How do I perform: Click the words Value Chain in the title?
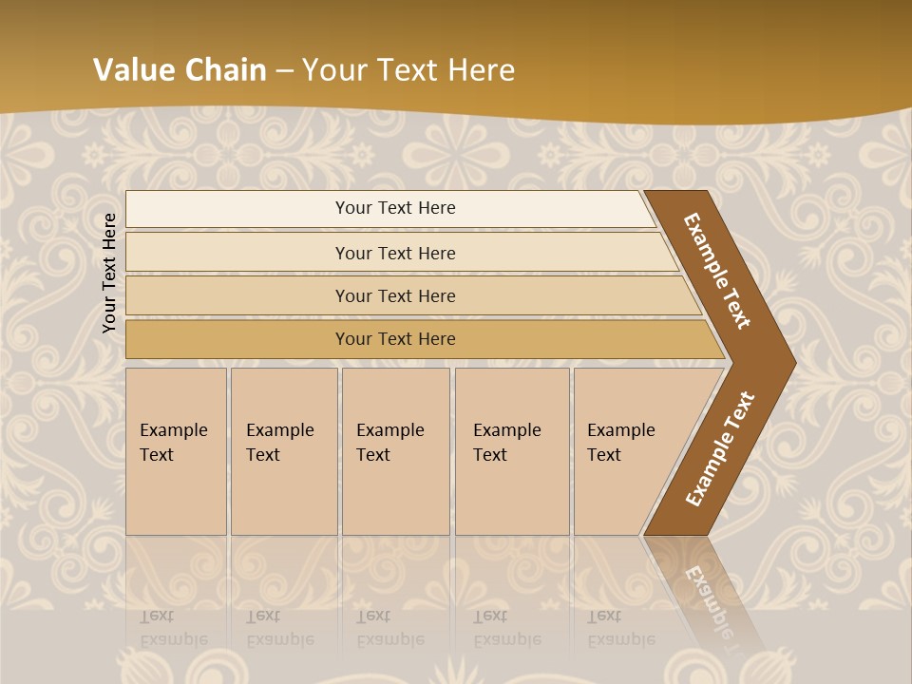pyautogui.click(x=180, y=70)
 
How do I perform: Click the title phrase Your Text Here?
pyautogui.click(x=408, y=70)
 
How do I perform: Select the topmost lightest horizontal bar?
pyautogui.click(x=389, y=209)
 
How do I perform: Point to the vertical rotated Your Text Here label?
pyautogui.click(x=109, y=273)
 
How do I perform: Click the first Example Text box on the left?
pyautogui.click(x=176, y=451)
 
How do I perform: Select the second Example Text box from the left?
pyautogui.click(x=283, y=451)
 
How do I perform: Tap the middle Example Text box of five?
pyautogui.click(x=395, y=451)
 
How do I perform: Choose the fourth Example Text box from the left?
pyautogui.click(x=511, y=451)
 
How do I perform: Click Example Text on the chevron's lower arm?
pyautogui.click(x=720, y=448)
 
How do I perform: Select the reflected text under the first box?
pyautogui.click(x=174, y=628)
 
